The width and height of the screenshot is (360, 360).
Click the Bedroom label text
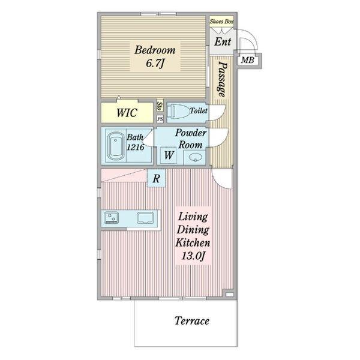pos(155,50)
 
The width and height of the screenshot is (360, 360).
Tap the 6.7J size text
pos(155,63)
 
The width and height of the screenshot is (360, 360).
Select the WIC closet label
pos(127,113)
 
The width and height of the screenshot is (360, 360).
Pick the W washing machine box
pos(169,155)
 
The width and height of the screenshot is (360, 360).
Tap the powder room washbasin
pos(195,157)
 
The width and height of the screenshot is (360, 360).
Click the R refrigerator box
pos(156,178)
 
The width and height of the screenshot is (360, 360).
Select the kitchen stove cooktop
pos(112,217)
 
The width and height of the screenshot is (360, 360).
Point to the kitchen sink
pos(145,218)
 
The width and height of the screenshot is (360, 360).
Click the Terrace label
pos(192,321)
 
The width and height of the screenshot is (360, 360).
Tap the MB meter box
pos(247,61)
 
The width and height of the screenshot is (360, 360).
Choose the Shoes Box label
pos(221,22)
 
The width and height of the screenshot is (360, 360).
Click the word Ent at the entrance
pos(223,42)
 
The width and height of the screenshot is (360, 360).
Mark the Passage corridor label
pos(222,79)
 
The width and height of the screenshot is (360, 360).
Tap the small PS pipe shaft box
pos(160,119)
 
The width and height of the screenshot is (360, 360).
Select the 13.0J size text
pos(193,256)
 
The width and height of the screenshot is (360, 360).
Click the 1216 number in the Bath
pos(136,147)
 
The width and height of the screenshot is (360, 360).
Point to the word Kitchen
pos(193,243)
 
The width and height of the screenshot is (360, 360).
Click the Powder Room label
pos(191,139)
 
